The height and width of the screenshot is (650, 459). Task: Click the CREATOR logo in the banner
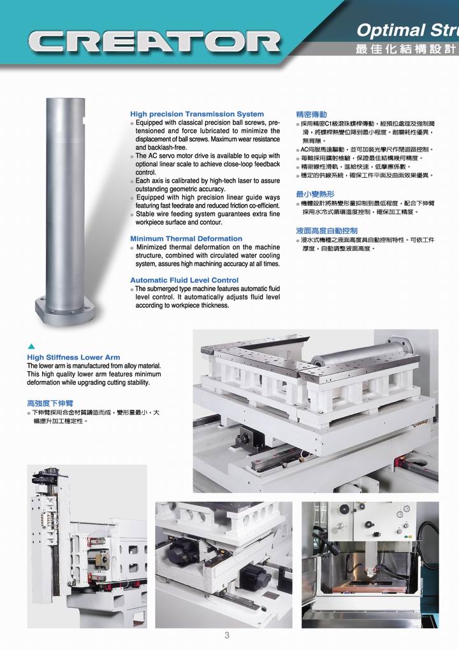[x=154, y=43]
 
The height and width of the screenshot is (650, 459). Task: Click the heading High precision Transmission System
[x=197, y=114]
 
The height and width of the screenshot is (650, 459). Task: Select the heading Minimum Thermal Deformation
[x=186, y=239]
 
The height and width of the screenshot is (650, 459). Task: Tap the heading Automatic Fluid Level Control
[x=184, y=280]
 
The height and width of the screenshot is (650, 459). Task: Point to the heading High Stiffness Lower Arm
[x=73, y=357]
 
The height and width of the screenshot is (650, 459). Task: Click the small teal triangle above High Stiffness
[x=31, y=347]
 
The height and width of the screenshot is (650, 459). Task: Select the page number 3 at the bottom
[x=227, y=635]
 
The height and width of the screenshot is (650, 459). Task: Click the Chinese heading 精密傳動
[x=311, y=115]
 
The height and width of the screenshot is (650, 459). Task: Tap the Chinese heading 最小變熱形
[x=315, y=194]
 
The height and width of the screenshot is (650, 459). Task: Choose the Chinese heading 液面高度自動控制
[x=327, y=231]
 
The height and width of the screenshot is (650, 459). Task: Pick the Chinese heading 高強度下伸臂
[x=50, y=403]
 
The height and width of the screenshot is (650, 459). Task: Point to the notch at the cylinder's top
[x=84, y=120]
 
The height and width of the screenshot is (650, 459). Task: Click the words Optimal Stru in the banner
[x=407, y=31]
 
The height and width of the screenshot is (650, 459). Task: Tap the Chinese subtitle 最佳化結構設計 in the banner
[x=405, y=49]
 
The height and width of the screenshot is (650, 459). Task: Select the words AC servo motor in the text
[x=166, y=156]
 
